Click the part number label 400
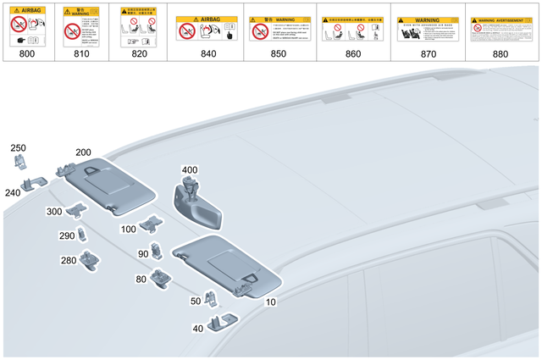[189, 170]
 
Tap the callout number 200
[84, 152]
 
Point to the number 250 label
[19, 148]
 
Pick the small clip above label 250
[19, 161]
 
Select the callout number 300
[54, 212]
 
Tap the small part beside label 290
[82, 235]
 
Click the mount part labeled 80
[162, 276]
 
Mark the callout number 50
[196, 301]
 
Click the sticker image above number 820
[138, 25]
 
